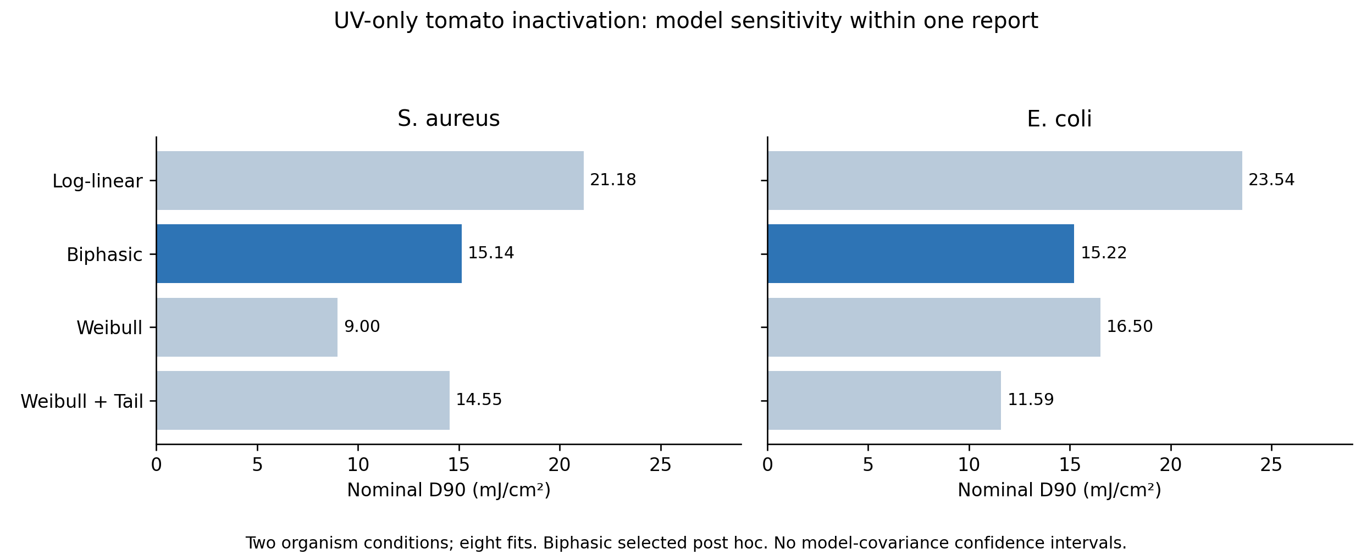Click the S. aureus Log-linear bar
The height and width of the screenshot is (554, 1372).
click(x=370, y=180)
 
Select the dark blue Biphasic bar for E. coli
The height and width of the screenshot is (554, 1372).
click(x=921, y=253)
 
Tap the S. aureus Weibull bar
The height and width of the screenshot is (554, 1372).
click(x=247, y=327)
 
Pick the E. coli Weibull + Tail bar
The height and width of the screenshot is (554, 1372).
click(x=884, y=400)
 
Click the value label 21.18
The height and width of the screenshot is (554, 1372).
click(x=613, y=180)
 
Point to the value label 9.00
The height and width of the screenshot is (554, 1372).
click(x=362, y=327)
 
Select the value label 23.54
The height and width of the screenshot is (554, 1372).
click(x=1271, y=180)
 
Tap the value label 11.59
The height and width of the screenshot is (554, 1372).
click(x=1031, y=400)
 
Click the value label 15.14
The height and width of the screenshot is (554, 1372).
click(x=491, y=253)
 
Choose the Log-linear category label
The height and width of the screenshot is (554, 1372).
click(x=97, y=181)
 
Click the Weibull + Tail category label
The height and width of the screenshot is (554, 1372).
click(x=82, y=402)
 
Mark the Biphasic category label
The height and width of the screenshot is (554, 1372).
click(x=104, y=255)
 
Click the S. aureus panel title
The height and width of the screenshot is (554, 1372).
click(x=449, y=119)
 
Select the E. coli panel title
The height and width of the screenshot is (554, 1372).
click(x=1059, y=119)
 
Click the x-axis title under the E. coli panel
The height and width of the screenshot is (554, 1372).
click(x=1059, y=490)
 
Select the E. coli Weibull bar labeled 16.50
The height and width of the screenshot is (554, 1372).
click(x=934, y=327)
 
